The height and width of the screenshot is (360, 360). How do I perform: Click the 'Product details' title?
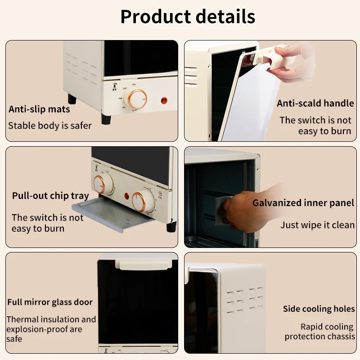(x=188, y=17)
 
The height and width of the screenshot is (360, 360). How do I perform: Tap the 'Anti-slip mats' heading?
(x=39, y=109)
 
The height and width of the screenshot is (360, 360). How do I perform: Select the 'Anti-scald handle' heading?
(x=315, y=103)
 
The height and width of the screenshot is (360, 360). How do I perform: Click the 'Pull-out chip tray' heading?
(x=50, y=196)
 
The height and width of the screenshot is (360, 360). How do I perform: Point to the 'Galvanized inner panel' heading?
(x=303, y=203)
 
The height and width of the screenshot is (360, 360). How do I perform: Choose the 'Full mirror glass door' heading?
(x=50, y=302)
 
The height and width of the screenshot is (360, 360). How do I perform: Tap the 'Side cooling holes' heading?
(x=319, y=309)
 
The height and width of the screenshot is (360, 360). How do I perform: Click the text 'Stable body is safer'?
(x=50, y=126)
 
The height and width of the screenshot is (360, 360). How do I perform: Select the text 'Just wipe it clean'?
(x=318, y=225)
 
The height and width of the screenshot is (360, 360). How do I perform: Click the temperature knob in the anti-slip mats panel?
(x=137, y=99)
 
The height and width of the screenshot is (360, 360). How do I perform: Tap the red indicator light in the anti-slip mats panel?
(x=164, y=100)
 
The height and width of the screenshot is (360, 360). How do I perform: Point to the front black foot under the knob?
(x=106, y=119)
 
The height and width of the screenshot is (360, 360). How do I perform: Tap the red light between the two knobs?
(x=127, y=196)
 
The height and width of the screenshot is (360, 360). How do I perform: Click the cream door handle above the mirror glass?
(x=144, y=264)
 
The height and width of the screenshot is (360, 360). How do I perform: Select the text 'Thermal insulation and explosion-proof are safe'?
(x=51, y=329)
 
